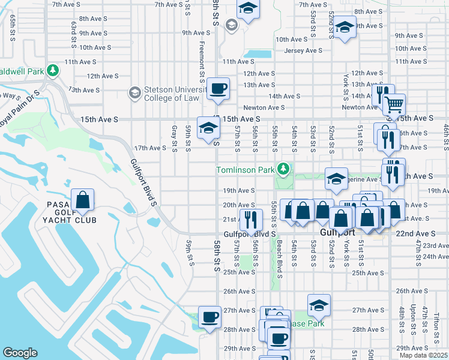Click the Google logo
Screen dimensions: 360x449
click(x=20, y=353)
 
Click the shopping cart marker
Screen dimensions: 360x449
click(x=394, y=104)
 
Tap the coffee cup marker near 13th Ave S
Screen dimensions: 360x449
click(x=218, y=89)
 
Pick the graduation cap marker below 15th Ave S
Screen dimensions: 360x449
click(x=208, y=128)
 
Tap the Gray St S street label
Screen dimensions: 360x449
click(x=174, y=138)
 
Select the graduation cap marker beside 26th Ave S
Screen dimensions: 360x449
click(x=319, y=305)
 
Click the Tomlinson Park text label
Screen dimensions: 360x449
click(x=246, y=170)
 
